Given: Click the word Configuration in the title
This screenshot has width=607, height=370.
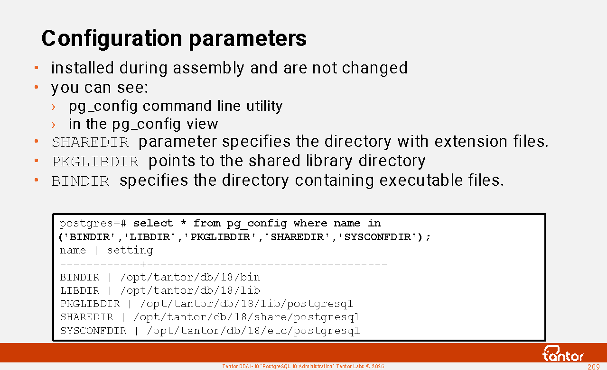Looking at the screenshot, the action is pos(112,39).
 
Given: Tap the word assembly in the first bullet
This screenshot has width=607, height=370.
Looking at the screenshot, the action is pos(209,68).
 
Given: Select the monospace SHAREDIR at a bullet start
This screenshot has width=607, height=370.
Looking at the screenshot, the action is pos(90,143).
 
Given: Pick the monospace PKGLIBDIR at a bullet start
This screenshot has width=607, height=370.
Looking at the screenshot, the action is pos(95,162).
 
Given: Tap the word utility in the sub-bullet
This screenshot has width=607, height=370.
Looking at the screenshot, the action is pos(264,106).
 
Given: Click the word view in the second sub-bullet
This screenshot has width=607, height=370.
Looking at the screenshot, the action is pos(202,124).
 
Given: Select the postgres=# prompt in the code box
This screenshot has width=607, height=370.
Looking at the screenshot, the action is pos(93,224).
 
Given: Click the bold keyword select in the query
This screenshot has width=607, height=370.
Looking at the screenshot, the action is pos(153,224).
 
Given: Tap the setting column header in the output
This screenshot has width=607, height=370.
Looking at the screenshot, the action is pos(130,251).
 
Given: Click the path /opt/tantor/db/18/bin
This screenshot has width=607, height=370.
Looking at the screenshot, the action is pos(190,277).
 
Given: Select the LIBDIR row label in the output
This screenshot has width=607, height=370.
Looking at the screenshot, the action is pos(80,290).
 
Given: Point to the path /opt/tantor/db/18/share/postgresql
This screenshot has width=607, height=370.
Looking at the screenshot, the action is pos(247,317).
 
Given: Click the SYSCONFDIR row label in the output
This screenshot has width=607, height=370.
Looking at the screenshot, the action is pos(93,331).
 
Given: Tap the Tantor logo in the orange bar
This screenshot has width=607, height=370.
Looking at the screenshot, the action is pos(563,353).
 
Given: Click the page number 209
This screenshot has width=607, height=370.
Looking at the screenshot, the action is pos(593,367).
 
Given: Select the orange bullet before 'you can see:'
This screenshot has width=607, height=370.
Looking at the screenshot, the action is pos(37,87).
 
